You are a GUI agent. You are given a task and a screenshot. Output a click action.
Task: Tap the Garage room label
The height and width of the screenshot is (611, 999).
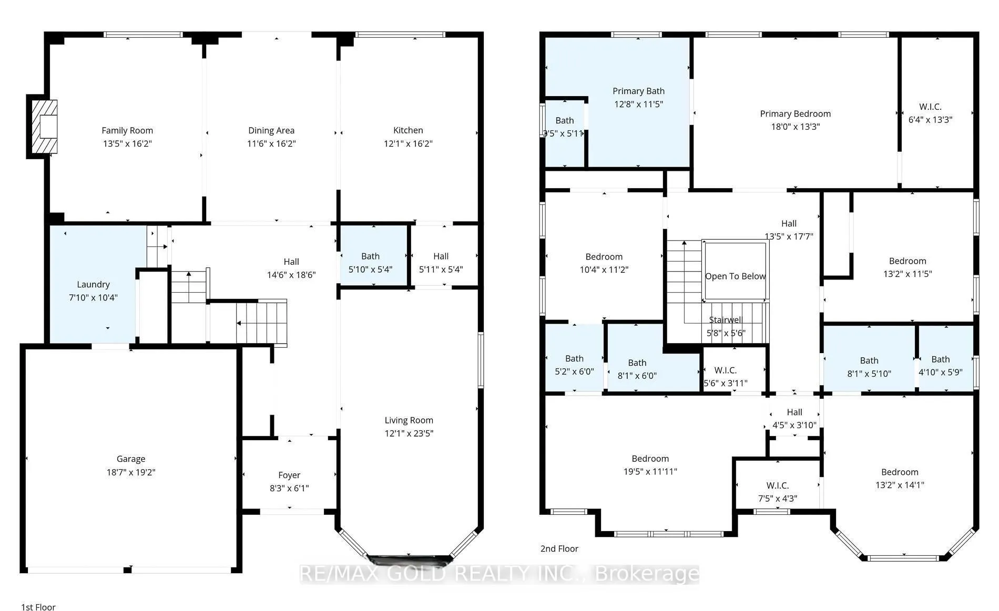point(131,459)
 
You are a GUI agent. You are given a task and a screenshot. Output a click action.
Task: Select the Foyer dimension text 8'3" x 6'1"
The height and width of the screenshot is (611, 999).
point(289,488)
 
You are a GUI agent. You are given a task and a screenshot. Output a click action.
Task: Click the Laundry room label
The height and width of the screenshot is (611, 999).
point(93,285)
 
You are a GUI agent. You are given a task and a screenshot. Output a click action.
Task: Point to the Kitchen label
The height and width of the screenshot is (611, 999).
point(408,130)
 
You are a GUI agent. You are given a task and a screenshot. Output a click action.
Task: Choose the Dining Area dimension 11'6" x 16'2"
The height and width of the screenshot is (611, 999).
point(271,143)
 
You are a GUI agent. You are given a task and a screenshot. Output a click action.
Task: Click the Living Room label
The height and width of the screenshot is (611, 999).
point(409,420)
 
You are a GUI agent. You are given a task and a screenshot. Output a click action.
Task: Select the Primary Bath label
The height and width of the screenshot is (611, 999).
point(638,91)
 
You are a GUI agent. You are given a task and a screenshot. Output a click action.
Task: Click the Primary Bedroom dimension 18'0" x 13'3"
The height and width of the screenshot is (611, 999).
point(796,127)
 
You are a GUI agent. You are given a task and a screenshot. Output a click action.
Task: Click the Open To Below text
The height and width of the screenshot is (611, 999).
point(735,276)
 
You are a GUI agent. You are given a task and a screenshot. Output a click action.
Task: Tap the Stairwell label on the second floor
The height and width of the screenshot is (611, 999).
point(725,320)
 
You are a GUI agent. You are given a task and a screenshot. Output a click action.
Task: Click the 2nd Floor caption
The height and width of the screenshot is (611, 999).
point(559,548)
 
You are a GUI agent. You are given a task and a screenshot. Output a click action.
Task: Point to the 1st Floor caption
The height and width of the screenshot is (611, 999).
point(38,607)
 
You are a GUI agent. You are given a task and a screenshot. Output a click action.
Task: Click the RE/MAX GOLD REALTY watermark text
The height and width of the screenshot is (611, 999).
point(499,574)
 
